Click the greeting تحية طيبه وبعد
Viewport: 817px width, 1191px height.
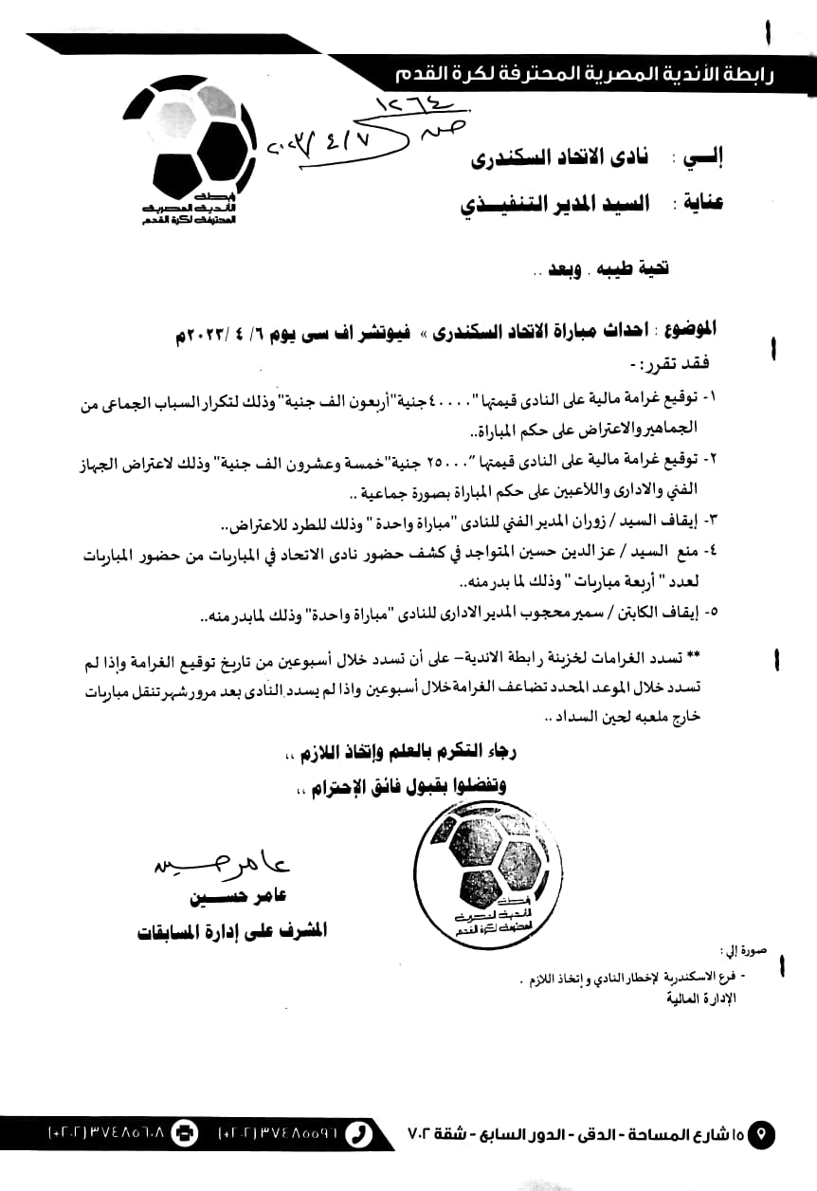point(601,269)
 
